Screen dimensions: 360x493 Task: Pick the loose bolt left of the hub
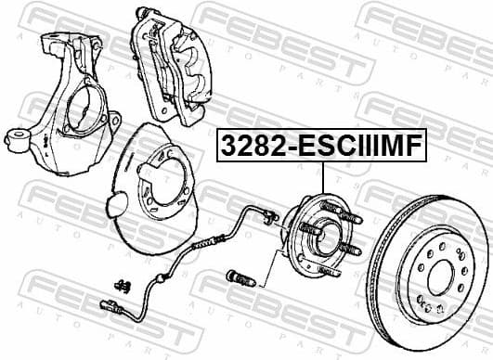coord(238,275)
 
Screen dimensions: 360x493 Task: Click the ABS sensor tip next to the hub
coord(270,219)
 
